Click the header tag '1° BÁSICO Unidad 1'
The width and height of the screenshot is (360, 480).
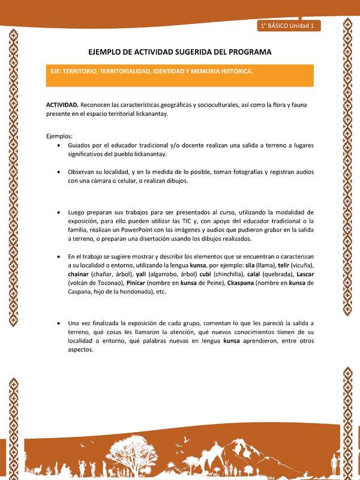289,26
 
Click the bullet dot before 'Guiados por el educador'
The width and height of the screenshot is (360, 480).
57,146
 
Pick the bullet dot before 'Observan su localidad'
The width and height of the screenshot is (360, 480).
57,172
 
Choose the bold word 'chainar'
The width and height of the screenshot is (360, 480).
79,274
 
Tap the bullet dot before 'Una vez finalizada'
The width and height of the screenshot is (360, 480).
57,323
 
